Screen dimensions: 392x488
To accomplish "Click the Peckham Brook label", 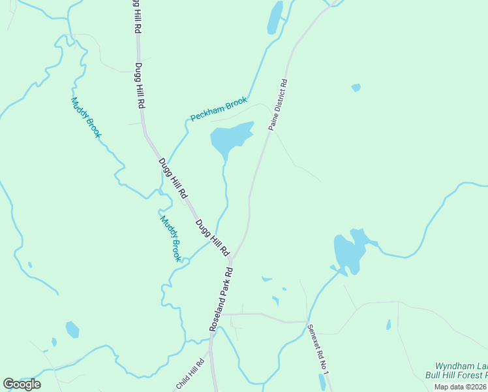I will pyautogui.click(x=219, y=109).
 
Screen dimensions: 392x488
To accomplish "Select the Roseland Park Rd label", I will pyautogui.click(x=221, y=299).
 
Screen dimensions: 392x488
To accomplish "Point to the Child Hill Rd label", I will pyautogui.click(x=191, y=375).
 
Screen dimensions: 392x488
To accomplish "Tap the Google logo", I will pyautogui.click(x=22, y=384).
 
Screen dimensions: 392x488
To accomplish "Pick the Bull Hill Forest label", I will pyautogui.click(x=457, y=376).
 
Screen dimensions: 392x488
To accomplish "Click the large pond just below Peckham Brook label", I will pyautogui.click(x=230, y=138).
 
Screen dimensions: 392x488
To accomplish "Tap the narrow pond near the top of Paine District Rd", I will pyautogui.click(x=275, y=18).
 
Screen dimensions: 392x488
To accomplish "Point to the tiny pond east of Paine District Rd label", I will pyautogui.click(x=356, y=87).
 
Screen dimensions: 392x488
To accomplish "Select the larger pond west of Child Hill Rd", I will pyautogui.click(x=72, y=329).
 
